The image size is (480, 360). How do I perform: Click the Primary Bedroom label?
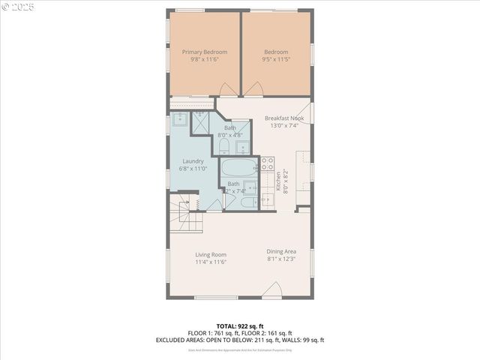tap(205, 52)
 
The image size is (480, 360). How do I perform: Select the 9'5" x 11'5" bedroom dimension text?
tap(275, 60)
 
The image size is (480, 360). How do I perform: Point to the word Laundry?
tap(193, 160)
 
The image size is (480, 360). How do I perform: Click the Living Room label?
tap(211, 254)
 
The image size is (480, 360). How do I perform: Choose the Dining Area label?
tap(281, 251)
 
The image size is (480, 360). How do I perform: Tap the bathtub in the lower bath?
tap(238, 166)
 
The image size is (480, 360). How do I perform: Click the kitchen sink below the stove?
tap(268, 199)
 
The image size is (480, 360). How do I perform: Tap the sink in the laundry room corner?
tap(180, 120)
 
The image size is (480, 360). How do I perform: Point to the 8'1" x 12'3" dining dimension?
tap(281, 259)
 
